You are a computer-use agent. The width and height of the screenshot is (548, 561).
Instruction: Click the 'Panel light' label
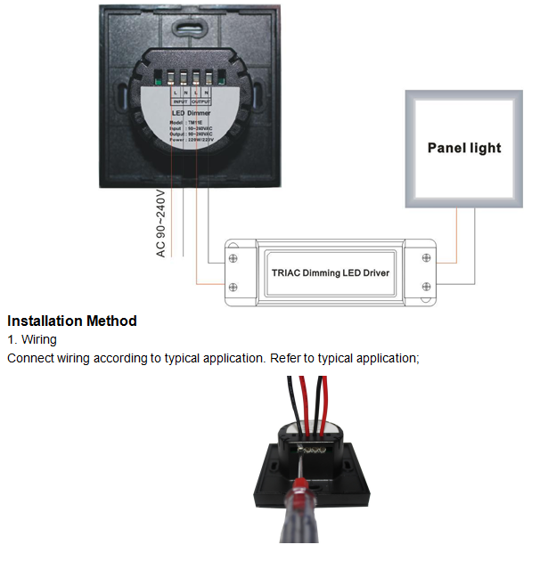point(464,148)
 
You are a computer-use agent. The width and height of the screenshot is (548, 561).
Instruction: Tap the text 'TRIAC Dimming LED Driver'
point(330,272)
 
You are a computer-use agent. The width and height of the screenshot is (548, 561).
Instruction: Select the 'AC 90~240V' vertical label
point(160,224)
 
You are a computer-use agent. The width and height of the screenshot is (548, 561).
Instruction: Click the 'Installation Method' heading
point(72,321)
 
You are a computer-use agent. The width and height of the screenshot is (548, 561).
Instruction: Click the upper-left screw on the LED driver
point(233,257)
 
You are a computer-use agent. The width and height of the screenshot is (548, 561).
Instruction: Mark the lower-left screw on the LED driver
point(233,287)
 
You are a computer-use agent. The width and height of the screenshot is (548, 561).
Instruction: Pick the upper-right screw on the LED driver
point(426,257)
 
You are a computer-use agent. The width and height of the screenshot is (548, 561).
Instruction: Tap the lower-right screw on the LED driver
point(426,287)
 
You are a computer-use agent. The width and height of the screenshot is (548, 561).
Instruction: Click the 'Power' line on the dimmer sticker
point(188,140)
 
